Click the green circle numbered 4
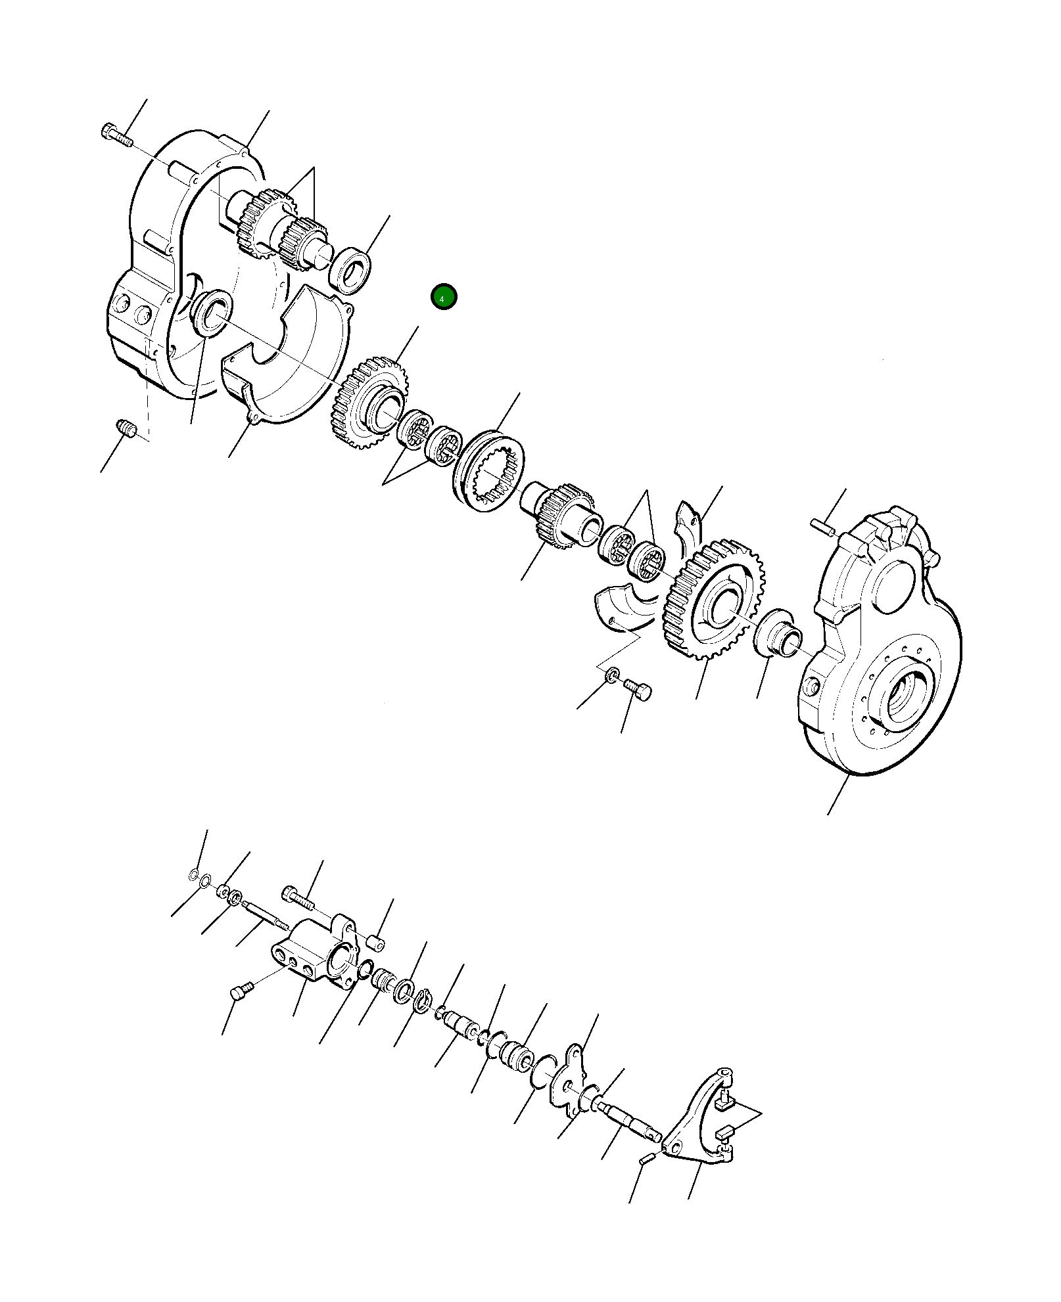443,298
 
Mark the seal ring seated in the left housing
209,313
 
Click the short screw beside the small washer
637,689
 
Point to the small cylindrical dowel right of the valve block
375,944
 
